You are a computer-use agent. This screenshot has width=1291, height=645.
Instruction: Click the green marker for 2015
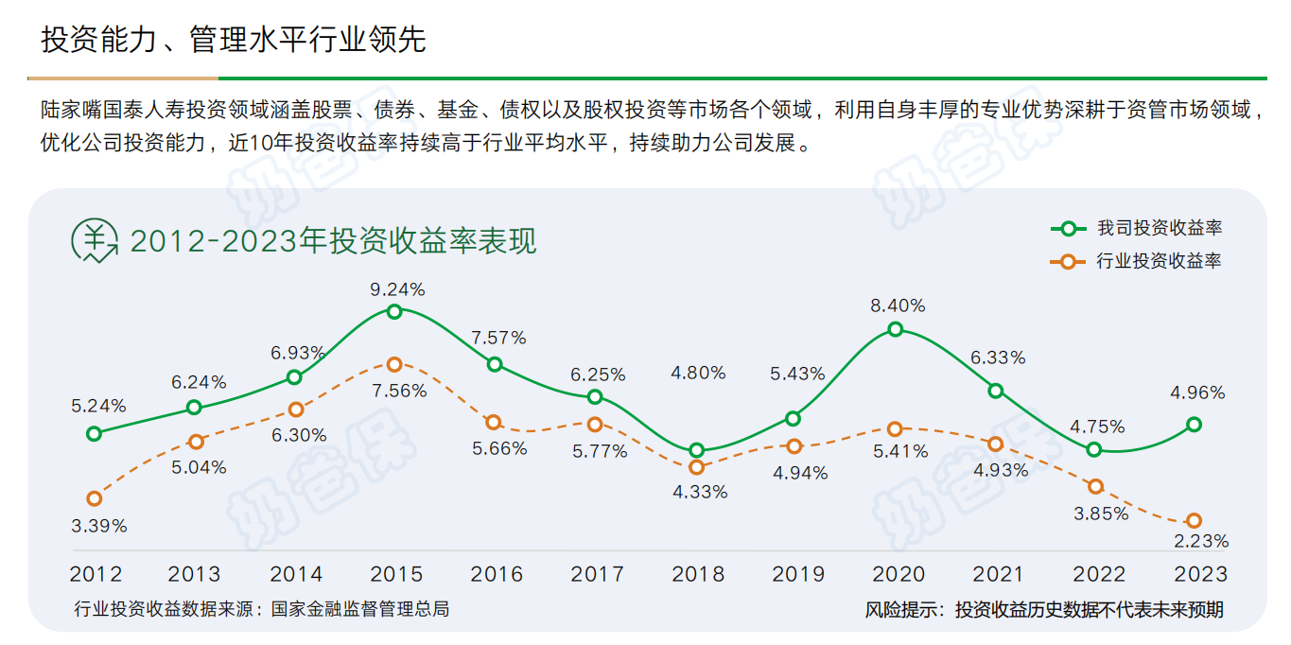[x=394, y=311]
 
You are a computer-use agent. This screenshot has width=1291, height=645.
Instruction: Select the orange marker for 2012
[x=94, y=498]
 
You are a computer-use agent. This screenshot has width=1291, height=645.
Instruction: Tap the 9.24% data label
[x=397, y=288]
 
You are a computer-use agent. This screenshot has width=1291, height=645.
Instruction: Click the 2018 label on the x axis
[x=698, y=574]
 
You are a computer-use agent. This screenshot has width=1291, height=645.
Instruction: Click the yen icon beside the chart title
[x=95, y=240]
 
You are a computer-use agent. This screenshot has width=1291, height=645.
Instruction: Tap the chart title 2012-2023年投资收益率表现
[x=333, y=241]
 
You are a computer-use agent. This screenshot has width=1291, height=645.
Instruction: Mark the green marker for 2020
[x=895, y=329]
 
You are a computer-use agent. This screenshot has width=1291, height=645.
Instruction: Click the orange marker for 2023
[x=1194, y=521]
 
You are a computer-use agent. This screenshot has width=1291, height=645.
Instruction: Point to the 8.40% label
[x=898, y=305]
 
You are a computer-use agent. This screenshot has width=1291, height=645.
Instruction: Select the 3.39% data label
[x=99, y=525]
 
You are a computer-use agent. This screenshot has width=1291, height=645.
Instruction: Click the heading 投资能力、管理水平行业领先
[x=233, y=40]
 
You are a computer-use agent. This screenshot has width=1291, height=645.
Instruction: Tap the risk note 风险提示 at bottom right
[x=1043, y=610]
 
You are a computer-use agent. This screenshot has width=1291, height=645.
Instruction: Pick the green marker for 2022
[x=1094, y=449]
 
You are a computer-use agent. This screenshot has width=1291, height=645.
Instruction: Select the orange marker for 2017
[x=594, y=426]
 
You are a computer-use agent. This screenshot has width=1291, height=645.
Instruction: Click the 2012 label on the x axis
[x=96, y=574]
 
